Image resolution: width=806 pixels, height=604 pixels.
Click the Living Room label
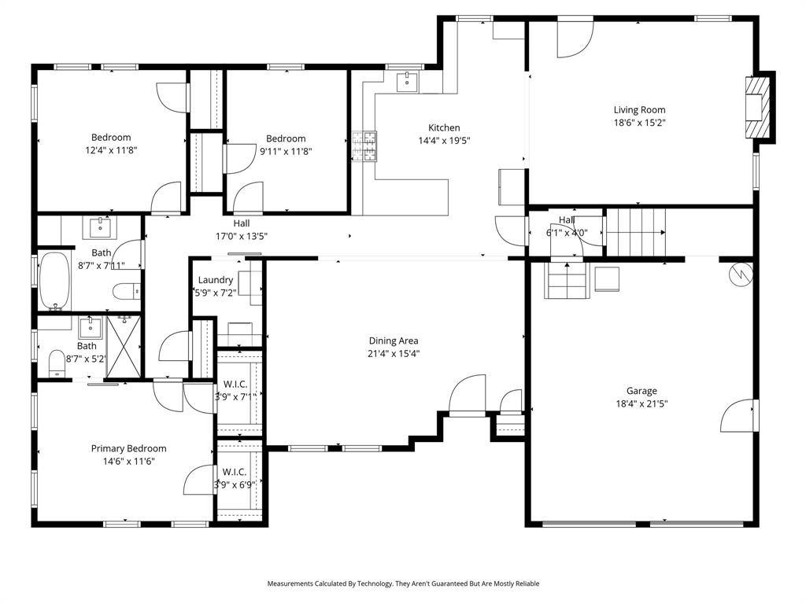click(x=639, y=110)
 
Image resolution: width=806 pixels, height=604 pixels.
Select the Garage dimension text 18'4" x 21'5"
click(x=641, y=403)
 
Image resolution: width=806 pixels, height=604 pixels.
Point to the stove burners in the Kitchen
click(x=364, y=147)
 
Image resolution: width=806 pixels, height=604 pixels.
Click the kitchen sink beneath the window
click(x=407, y=79)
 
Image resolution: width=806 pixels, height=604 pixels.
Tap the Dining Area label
click(x=394, y=341)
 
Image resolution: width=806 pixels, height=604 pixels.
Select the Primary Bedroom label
click(x=128, y=448)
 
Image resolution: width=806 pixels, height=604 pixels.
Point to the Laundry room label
click(x=215, y=280)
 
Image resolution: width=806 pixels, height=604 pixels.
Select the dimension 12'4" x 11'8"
click(x=111, y=149)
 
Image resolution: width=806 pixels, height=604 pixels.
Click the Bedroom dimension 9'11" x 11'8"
click(x=286, y=152)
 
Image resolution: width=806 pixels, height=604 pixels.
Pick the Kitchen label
click(x=444, y=127)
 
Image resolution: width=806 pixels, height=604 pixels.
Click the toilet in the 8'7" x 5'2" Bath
click(x=56, y=363)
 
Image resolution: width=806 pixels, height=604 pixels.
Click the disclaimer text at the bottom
click(x=403, y=584)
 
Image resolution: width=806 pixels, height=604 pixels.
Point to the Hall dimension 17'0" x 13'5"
click(x=242, y=236)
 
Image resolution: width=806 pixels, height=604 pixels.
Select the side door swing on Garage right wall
click(x=738, y=416)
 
